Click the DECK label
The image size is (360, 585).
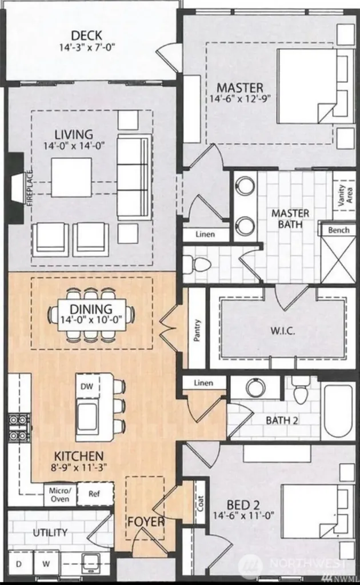click(86, 36)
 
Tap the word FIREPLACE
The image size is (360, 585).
click(30, 188)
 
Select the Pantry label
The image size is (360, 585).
click(197, 330)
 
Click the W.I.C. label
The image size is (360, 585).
click(283, 331)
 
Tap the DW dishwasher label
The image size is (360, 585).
click(87, 387)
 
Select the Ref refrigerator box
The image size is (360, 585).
click(95, 494)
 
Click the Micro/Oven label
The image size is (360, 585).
click(59, 494)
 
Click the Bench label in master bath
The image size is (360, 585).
click(339, 230)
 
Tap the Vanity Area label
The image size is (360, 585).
click(345, 195)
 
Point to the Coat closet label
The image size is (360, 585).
click(200, 503)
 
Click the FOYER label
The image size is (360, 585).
click(146, 522)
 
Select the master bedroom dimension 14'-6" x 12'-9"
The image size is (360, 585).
click(240, 99)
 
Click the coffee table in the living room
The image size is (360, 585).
click(71, 177)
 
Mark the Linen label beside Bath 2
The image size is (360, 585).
click(203, 383)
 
